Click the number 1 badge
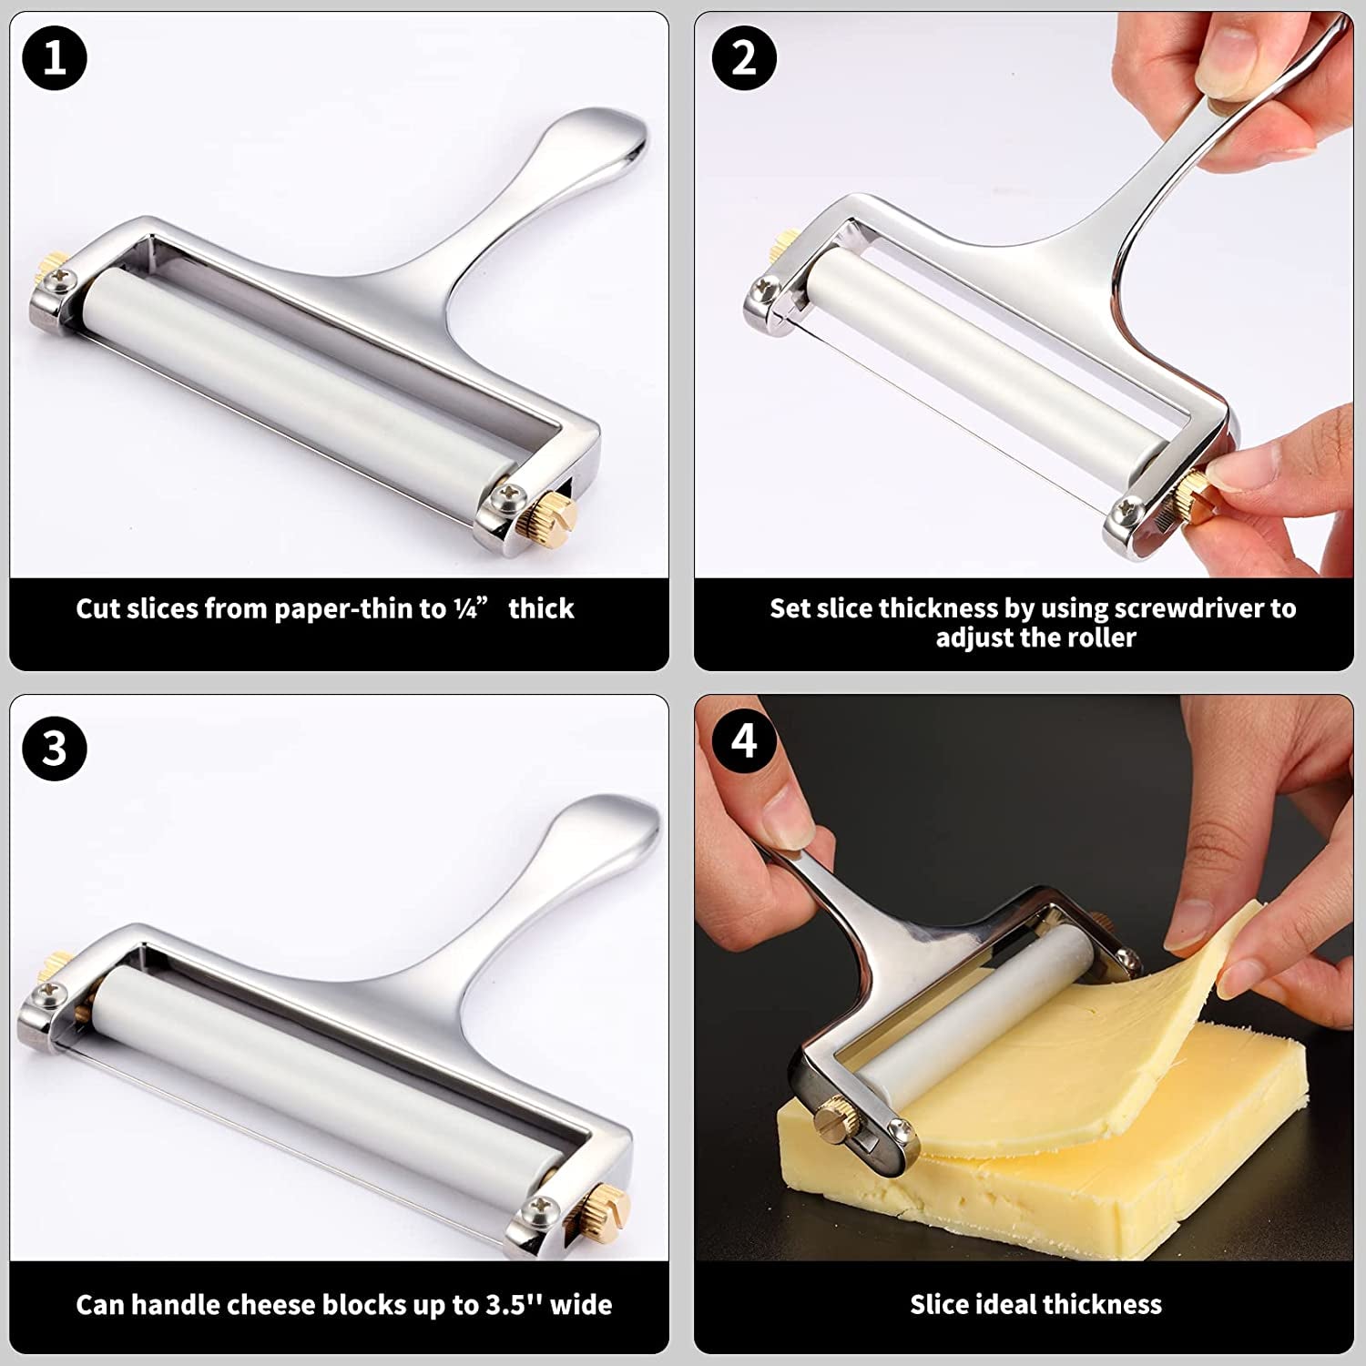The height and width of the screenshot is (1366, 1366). click(x=55, y=58)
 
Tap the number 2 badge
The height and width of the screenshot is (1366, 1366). click(x=744, y=58)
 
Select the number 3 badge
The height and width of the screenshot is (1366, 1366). click(x=55, y=749)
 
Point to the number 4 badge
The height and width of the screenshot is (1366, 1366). click(x=744, y=739)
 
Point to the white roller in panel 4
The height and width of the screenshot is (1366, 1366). click(x=984, y=1002)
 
